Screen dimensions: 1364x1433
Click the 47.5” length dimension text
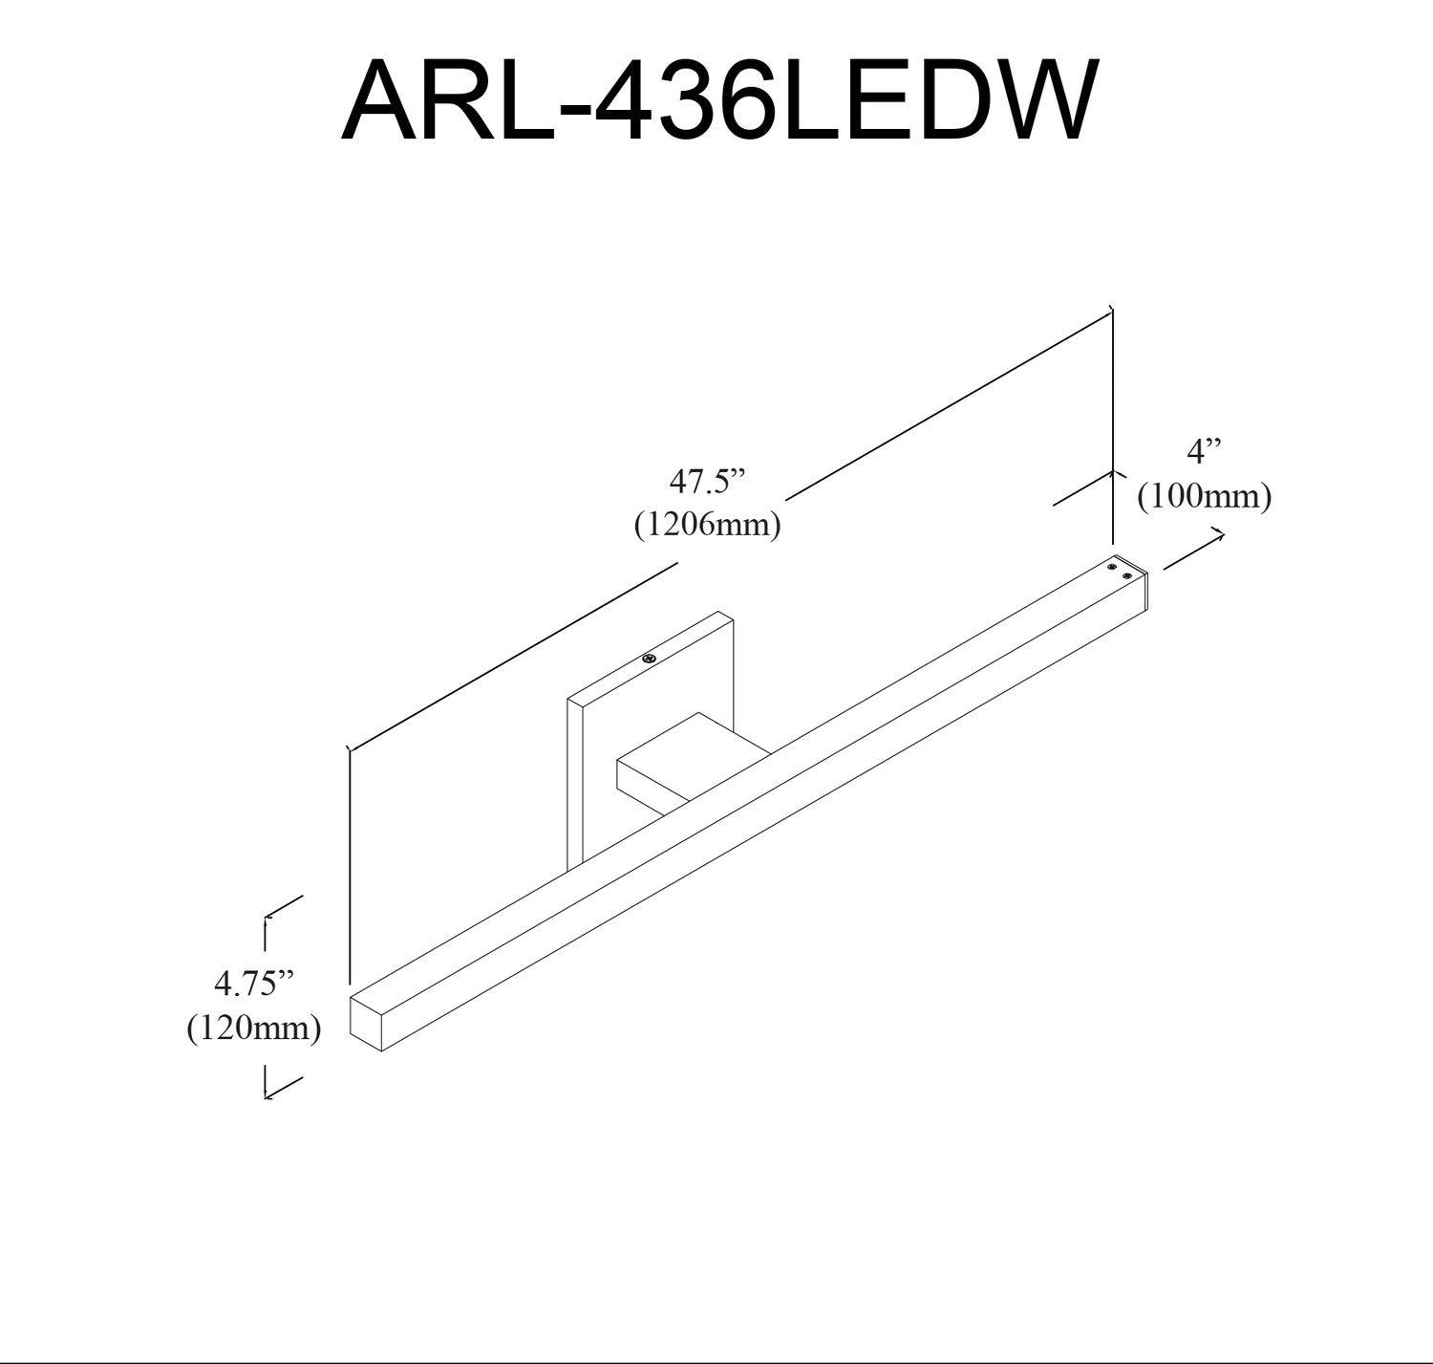(x=706, y=482)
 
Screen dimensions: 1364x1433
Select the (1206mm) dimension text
(x=708, y=525)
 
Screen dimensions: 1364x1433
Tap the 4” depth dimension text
(x=1204, y=450)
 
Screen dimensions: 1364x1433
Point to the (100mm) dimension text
(x=1204, y=497)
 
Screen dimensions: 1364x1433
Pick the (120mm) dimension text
(x=253, y=1028)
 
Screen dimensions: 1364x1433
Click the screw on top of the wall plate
(x=650, y=659)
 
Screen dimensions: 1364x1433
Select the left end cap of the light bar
(x=366, y=1021)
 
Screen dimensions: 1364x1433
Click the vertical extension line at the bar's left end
(x=350, y=860)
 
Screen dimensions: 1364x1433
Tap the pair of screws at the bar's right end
(x=1120, y=572)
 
